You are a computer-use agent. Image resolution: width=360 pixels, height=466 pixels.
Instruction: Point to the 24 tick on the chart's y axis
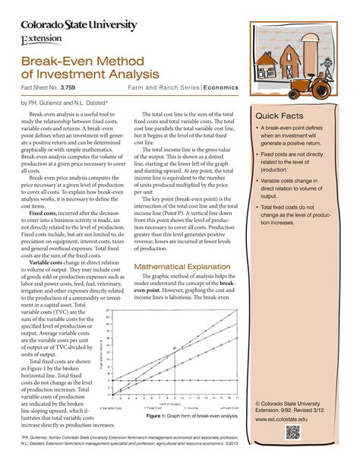(108, 312)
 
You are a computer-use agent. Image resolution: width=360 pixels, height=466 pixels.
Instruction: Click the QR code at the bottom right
(293, 433)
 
